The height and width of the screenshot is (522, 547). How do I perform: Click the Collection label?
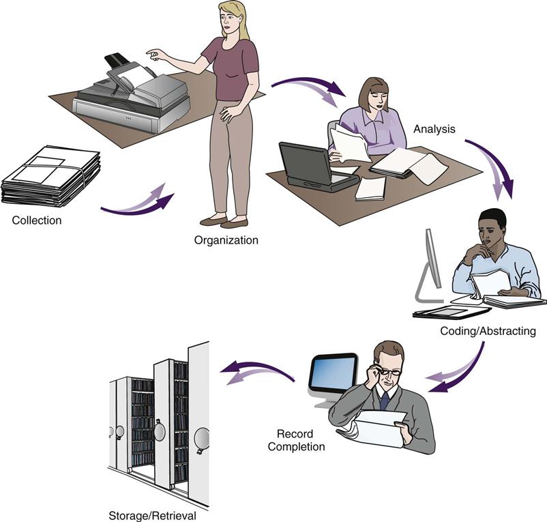pos(37,220)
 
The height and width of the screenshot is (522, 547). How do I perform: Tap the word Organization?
pos(226,240)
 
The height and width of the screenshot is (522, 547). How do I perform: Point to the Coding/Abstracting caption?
pos(488,332)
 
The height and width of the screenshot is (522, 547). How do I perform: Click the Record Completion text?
pos(296,440)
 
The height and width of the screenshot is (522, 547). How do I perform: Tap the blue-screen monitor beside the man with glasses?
pos(333,374)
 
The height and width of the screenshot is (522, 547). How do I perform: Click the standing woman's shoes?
pos(225,221)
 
